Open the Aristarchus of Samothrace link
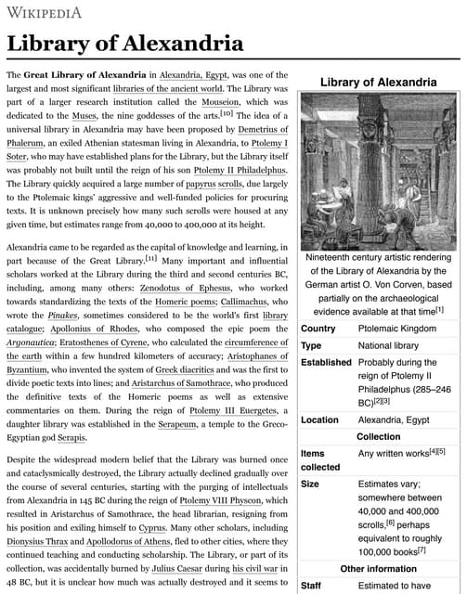click(x=139, y=384)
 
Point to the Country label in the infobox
click(x=319, y=329)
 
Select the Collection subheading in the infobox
click(x=378, y=436)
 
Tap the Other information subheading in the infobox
click(x=378, y=568)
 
